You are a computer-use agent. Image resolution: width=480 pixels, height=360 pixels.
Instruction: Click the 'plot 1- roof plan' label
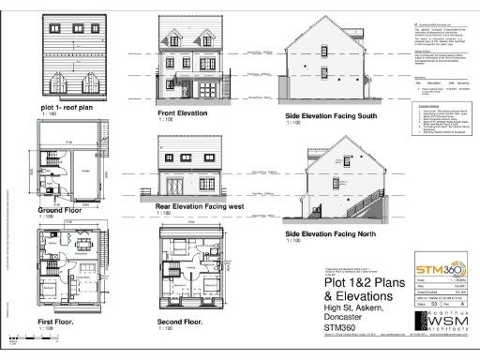65,109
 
